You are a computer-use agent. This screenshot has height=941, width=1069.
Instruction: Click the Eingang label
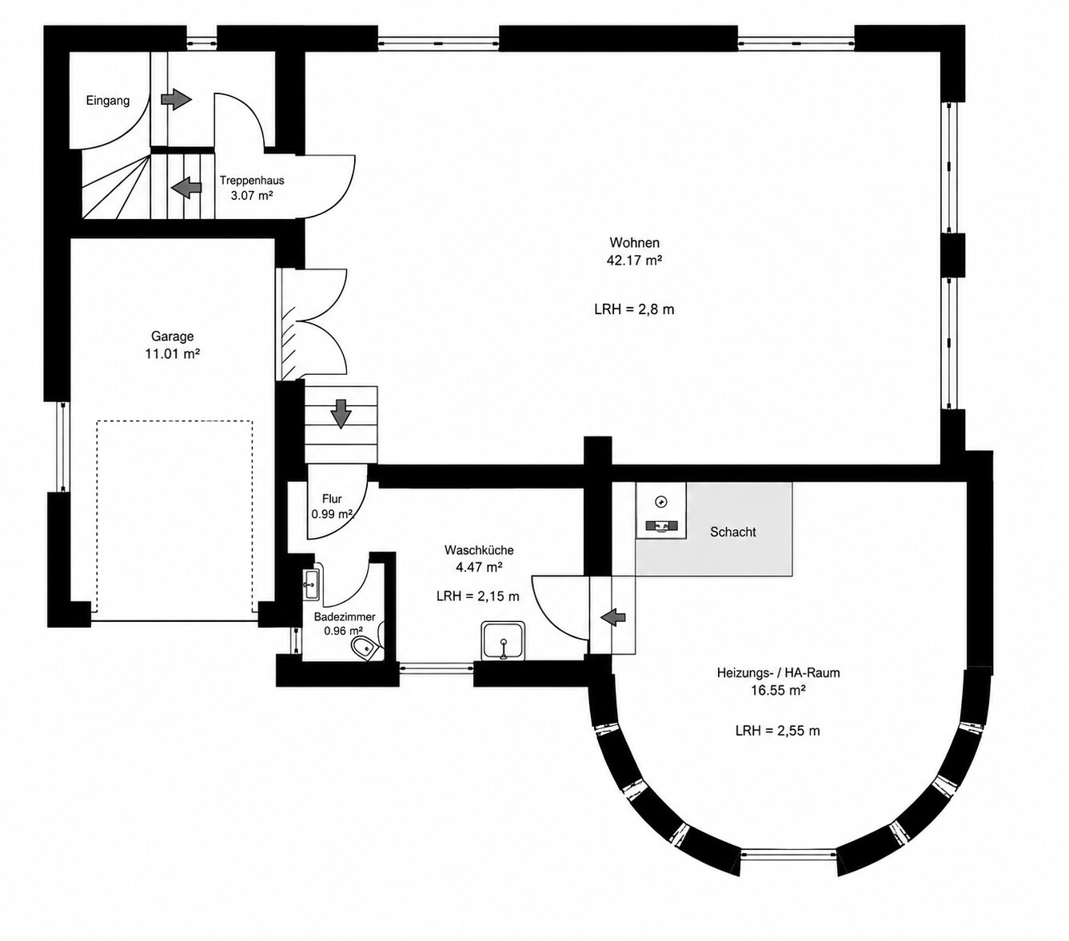coord(108,101)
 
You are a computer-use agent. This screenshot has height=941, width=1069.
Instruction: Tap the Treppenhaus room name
coord(252,180)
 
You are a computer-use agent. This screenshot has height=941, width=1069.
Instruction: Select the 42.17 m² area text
coord(634,260)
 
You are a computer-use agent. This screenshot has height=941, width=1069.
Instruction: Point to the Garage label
coord(172,336)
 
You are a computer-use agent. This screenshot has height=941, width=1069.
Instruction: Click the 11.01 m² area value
coord(172,353)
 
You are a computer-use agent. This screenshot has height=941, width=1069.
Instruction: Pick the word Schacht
coord(732,532)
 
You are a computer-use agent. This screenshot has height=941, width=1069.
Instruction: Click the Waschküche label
coord(479,550)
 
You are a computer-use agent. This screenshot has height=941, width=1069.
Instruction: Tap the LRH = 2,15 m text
coord(477,596)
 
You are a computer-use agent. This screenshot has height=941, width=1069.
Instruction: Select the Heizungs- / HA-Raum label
coord(778,673)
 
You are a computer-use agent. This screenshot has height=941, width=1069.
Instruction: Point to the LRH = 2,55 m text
coord(778,731)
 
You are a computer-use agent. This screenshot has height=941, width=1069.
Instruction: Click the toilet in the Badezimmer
coord(365,648)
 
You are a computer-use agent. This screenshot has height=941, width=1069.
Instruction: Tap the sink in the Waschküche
coord(503,640)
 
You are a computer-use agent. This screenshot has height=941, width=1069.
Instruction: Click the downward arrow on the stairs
coord(341,414)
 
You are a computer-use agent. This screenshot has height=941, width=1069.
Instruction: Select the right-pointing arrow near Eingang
coord(176,98)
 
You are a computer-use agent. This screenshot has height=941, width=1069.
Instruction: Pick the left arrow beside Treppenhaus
coord(187,187)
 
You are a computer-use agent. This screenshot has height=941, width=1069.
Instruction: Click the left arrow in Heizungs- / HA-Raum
coord(613,616)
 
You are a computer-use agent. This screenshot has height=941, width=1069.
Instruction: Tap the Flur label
coord(332,499)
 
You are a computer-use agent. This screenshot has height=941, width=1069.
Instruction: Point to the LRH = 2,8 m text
coord(634,309)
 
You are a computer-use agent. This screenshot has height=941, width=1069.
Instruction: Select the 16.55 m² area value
coord(778,690)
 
